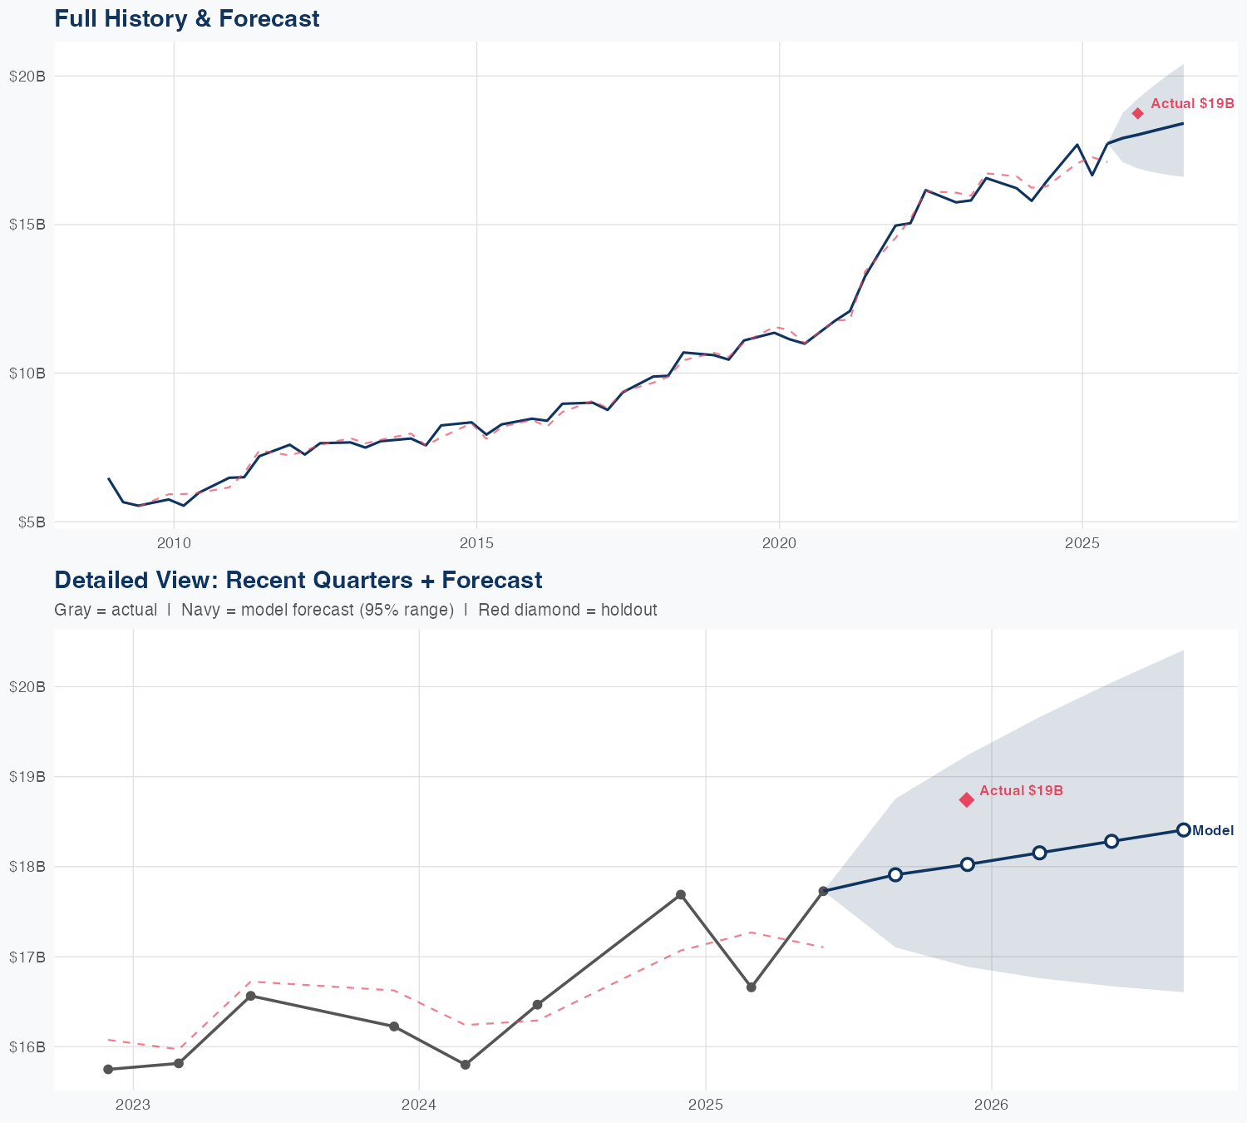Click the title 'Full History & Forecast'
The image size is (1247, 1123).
click(186, 18)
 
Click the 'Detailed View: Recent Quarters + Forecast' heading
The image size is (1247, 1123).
click(298, 580)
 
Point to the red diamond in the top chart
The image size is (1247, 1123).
click(1137, 113)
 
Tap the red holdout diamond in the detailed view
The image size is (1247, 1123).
click(966, 799)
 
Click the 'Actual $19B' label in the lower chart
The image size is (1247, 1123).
click(1021, 790)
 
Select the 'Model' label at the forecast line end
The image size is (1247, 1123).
click(1213, 830)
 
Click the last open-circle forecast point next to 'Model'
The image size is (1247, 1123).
click(1183, 829)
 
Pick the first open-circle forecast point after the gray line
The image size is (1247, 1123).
click(895, 874)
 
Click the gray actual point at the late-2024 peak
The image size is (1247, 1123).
click(680, 894)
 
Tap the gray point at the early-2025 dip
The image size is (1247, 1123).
click(752, 987)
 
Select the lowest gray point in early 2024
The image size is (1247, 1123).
click(466, 1065)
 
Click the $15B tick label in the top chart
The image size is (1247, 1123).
click(27, 225)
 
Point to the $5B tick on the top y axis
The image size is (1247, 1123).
click(30, 522)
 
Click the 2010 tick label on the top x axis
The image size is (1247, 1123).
click(174, 544)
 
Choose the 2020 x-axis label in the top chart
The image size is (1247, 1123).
click(779, 544)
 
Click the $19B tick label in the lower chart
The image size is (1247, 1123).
click(27, 776)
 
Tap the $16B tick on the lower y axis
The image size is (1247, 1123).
click(27, 1046)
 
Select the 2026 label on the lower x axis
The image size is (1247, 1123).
click(991, 1105)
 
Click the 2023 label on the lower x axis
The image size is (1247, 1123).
click(133, 1105)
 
